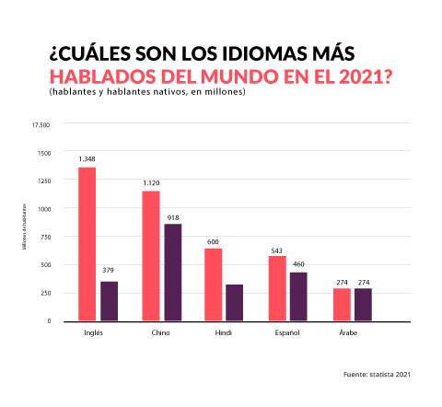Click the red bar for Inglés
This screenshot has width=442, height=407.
pos(87,244)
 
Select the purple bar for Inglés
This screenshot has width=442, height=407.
pos(110,301)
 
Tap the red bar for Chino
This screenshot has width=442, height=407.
pos(151,256)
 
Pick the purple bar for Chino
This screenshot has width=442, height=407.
pos(173,273)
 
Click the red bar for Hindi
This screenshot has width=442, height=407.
pos(214,285)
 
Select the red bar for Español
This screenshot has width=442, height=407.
pos(277,288)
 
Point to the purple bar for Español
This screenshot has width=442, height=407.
pos(298,297)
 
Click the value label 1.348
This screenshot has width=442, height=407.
pos(87,158)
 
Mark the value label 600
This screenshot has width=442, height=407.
pos(214,241)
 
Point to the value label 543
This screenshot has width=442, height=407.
pos(277,249)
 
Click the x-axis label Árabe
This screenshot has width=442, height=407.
pos(340,331)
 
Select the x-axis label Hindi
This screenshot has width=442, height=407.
pos(223,331)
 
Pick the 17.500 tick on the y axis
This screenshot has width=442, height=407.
pos(41,124)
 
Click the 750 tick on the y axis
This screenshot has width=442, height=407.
pos(44,237)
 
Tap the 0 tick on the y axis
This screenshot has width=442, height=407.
pos(49,320)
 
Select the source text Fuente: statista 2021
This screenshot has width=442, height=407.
pos(376,375)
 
